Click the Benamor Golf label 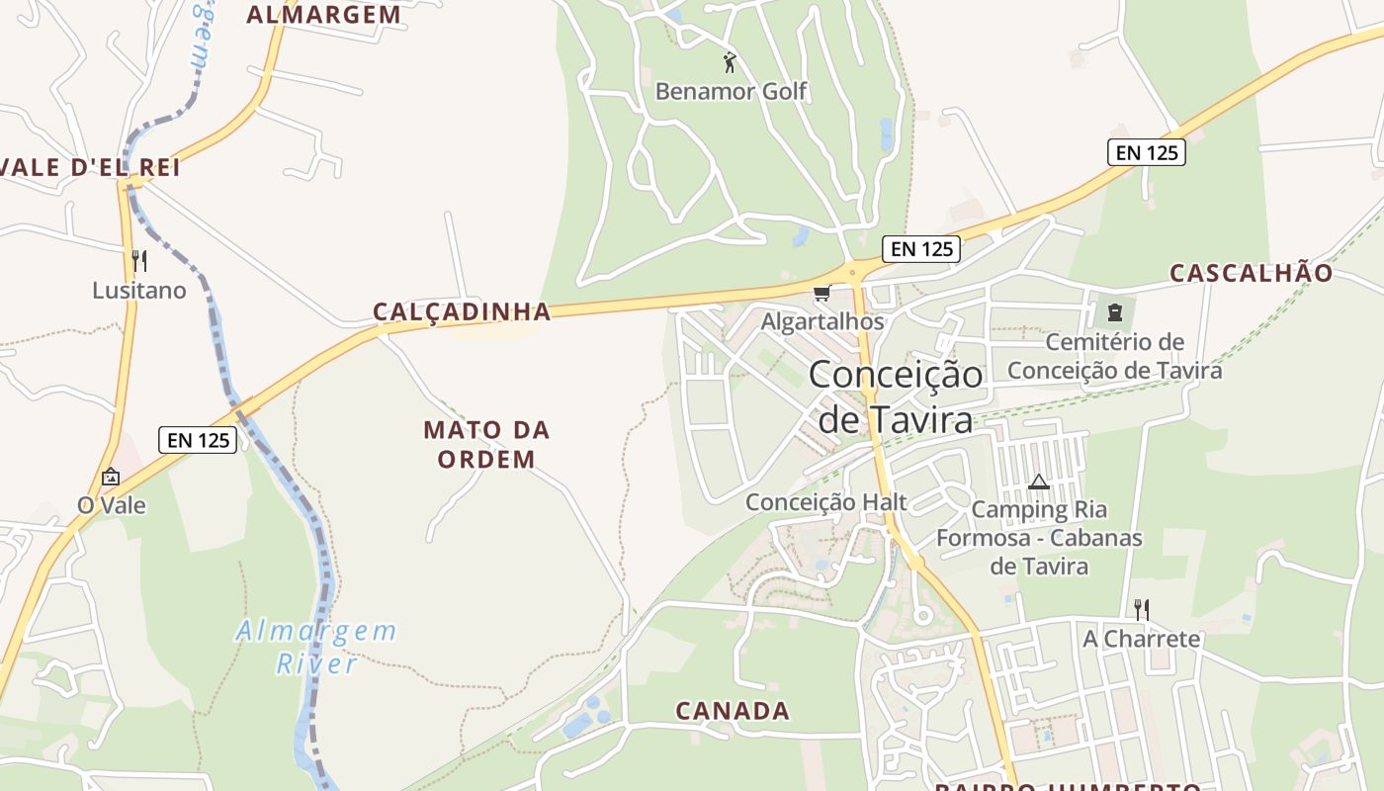[731, 92]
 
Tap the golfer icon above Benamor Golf [730, 62]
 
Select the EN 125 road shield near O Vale [198, 440]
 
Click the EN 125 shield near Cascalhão [1146, 152]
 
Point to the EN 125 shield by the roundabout [921, 249]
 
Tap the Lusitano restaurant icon [139, 261]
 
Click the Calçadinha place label [462, 311]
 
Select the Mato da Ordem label [486, 444]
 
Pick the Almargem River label [316, 646]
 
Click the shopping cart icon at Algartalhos [822, 294]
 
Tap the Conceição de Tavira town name [896, 396]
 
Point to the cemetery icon [1115, 313]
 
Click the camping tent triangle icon [1038, 483]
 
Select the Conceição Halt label [825, 501]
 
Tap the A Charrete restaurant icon [1141, 608]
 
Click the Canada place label [733, 710]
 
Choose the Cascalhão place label [1251, 273]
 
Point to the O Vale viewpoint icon [111, 477]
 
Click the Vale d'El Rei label [91, 167]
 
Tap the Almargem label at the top [324, 14]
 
